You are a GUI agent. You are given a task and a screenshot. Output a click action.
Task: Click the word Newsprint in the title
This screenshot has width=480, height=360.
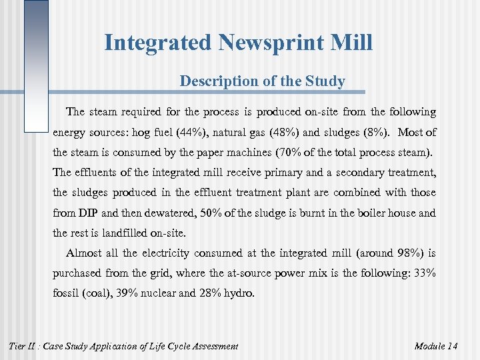coord(253,43)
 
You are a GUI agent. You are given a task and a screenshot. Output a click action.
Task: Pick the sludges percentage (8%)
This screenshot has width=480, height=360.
coord(375,132)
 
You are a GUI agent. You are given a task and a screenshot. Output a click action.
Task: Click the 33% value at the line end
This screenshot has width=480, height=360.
coord(424,273)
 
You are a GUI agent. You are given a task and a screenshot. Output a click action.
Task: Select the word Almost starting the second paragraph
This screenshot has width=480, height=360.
coord(85,253)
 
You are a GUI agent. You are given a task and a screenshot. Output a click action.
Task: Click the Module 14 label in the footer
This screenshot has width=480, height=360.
coord(435,346)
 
